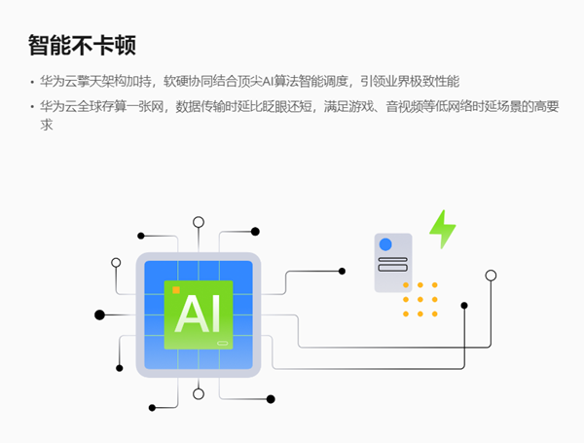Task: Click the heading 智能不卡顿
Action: (81, 45)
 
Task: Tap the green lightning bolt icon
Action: (443, 229)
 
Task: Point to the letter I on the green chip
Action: (214, 314)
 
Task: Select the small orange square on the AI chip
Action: (175, 289)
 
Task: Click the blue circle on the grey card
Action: (385, 244)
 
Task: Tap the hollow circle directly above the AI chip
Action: (199, 222)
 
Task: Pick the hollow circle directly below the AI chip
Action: (199, 393)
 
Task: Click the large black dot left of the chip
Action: (99, 314)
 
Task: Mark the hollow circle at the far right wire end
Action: (491, 276)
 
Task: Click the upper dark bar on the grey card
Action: (392, 259)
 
